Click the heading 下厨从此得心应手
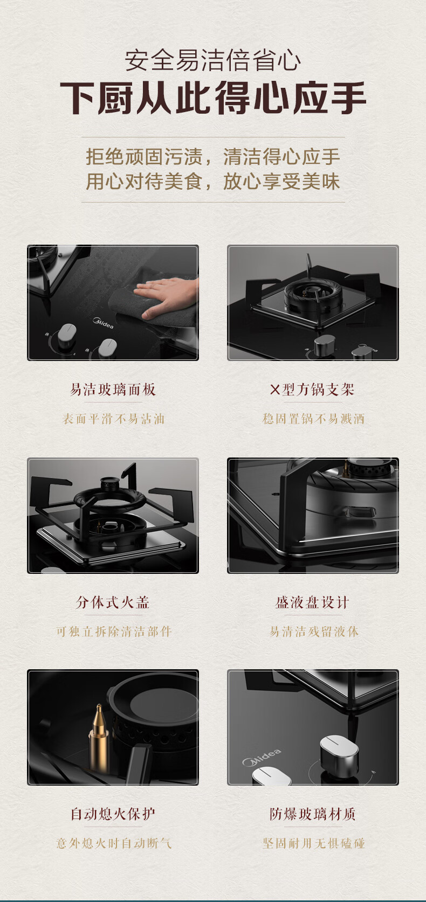213,98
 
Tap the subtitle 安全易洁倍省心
213,60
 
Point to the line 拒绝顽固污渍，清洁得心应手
213,156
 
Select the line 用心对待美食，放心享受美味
213,181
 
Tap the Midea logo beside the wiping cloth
103,323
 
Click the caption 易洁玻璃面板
113,390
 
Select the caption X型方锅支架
312,390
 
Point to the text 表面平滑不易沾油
113,419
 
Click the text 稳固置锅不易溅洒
313,419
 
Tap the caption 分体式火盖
113,602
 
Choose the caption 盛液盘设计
312,602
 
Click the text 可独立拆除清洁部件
114,632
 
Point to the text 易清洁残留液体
314,632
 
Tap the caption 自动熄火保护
113,814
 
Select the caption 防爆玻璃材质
313,814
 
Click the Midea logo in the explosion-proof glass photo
262,758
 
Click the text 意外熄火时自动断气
114,843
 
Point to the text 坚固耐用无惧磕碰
313,843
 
